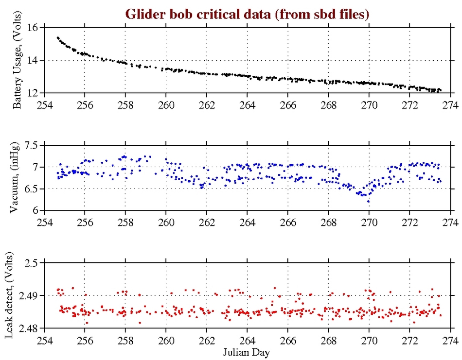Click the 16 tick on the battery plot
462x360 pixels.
tap(34, 28)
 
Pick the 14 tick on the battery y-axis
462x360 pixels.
tap(34, 60)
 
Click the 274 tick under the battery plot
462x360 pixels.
tap(450, 103)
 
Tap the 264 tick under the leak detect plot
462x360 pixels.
tap(247, 339)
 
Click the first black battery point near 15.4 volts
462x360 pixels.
tap(57, 37)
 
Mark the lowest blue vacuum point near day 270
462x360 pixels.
tap(368, 201)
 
